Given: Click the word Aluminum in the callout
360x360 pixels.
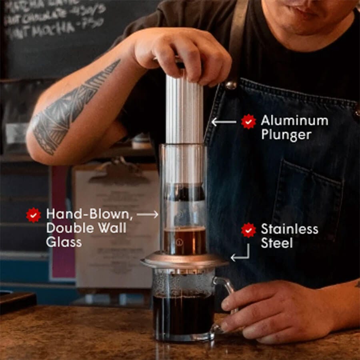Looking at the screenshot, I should coord(294,120).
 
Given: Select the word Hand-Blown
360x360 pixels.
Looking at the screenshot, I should coord(89,214).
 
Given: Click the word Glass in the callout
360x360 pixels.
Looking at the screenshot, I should coord(64,242).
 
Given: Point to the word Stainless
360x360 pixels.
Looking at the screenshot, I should coord(290,229).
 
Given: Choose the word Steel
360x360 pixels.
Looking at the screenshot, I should coord(277,243).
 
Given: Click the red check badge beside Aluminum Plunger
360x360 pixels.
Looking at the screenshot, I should coord(248,121).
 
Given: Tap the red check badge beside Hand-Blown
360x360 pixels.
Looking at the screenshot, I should coord(33,215).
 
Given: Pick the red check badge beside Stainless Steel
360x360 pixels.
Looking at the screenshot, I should coord(248,230).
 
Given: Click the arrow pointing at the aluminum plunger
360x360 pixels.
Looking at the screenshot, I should coord(224,122).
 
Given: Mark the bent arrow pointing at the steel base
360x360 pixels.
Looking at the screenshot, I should coord(241,254).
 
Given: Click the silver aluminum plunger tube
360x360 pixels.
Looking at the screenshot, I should coord(184,108).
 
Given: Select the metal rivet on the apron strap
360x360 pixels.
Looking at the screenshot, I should coord(230,85).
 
